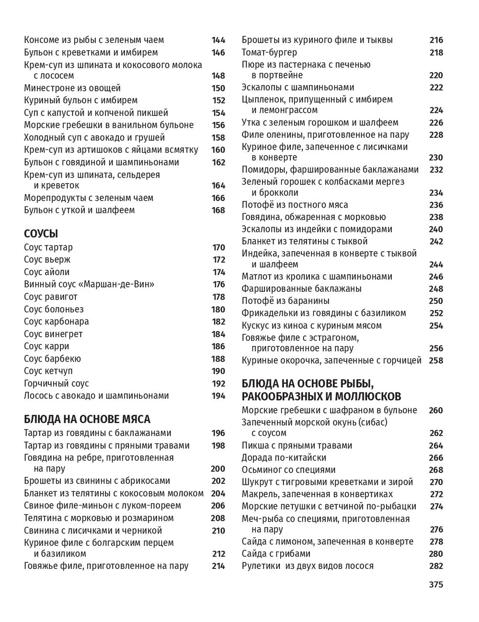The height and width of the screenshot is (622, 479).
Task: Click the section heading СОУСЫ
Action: (41, 234)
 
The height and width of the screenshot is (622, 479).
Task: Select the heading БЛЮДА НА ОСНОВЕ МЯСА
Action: (87, 419)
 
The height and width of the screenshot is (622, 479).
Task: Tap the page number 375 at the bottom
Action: (436, 585)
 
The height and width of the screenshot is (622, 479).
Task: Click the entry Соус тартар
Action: (48, 247)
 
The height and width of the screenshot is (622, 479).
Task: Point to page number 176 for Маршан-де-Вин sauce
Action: (218, 285)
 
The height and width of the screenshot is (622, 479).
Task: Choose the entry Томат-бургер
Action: (269, 52)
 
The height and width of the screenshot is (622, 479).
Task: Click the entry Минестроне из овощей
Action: (72, 88)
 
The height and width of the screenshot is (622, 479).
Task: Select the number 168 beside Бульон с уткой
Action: (218, 210)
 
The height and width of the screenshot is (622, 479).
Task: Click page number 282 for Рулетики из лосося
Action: (436, 566)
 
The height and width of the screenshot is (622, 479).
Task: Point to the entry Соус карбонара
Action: (57, 322)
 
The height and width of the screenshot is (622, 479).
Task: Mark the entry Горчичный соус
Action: (57, 383)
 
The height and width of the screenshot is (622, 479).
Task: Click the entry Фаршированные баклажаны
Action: (301, 289)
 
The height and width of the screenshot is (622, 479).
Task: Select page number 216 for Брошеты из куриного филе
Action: (436, 40)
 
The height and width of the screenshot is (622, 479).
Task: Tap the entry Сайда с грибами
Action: (276, 554)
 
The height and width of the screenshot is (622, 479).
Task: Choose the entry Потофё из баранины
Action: (285, 301)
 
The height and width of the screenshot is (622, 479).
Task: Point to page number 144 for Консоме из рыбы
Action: (218, 40)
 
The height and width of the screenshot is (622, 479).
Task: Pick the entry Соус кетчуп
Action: (51, 371)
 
